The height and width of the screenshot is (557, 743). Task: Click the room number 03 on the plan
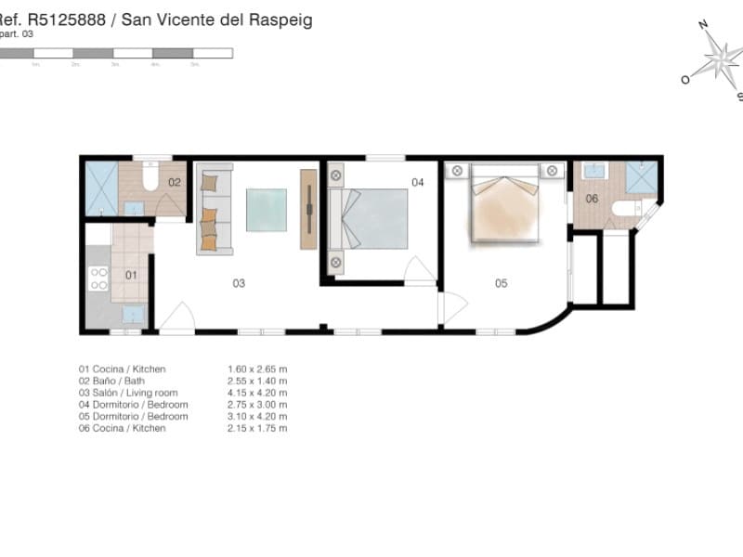[x=239, y=283]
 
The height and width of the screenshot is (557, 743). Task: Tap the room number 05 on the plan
[x=501, y=283]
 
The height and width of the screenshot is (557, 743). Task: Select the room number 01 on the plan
[x=131, y=275]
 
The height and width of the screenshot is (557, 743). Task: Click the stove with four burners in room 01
[x=98, y=278]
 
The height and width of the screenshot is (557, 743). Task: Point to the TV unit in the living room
[x=308, y=209]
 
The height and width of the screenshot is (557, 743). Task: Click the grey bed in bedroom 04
[x=369, y=219]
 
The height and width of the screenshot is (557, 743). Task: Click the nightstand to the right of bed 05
[x=553, y=171]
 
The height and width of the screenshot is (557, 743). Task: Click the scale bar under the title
[x=116, y=54]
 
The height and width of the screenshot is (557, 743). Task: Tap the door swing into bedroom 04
[x=419, y=269]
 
